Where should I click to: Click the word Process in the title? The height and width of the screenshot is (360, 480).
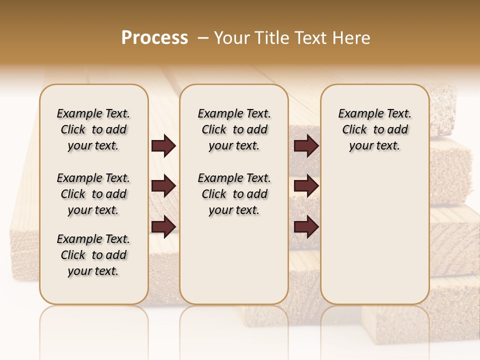(154, 38)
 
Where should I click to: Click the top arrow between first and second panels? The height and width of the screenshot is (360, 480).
(163, 146)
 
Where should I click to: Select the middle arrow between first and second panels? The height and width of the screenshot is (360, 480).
(163, 186)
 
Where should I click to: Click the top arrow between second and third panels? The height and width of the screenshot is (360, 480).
(306, 146)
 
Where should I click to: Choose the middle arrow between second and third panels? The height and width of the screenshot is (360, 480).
(306, 186)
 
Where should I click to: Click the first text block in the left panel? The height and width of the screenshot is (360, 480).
(93, 129)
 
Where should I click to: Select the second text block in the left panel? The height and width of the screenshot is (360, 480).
(93, 194)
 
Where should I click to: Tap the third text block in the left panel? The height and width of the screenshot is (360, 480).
(93, 255)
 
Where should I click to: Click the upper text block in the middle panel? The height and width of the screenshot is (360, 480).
(234, 129)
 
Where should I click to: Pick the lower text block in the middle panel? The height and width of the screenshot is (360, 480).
(234, 194)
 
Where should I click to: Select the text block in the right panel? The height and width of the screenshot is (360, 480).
(375, 129)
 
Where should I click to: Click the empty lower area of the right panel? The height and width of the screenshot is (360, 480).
(375, 235)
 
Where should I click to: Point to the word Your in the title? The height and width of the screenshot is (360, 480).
(231, 38)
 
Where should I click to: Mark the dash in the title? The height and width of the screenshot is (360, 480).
(202, 38)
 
